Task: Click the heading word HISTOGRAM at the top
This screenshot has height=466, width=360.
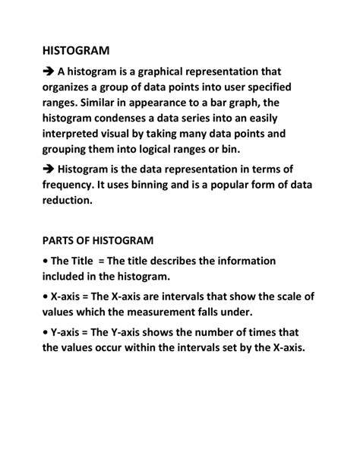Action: point(77,50)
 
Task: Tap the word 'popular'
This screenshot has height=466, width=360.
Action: point(247,185)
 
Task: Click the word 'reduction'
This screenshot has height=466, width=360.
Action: point(67,201)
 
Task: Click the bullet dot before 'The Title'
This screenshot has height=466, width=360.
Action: point(45,261)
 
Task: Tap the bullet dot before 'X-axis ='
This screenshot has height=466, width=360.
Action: point(45,296)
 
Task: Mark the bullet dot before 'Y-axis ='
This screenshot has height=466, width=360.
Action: point(45,331)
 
